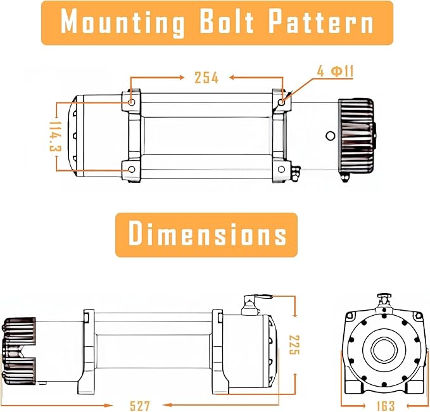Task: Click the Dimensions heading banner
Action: pos(207,234)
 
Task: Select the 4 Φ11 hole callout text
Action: pos(335,71)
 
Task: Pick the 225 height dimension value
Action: pos(293,344)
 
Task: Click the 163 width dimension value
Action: pos(384,405)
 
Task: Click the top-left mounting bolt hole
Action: pos(131,102)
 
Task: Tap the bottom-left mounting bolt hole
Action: pos(131,170)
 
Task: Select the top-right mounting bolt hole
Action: pos(281,101)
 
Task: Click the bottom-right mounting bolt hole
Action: pos(281,169)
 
